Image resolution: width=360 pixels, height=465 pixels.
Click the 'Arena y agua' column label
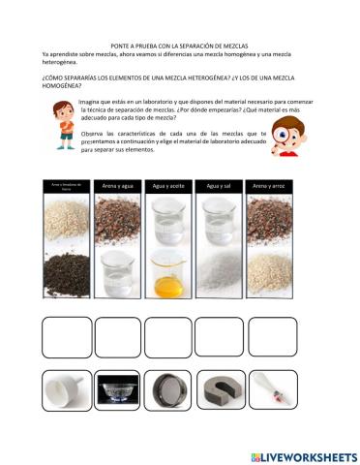117,186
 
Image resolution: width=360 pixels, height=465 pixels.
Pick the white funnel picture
66,394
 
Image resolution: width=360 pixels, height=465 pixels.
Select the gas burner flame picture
117,395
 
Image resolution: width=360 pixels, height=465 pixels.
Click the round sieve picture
168,394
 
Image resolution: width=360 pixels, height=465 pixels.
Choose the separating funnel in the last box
271,394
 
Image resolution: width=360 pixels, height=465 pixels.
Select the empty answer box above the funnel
66,339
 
